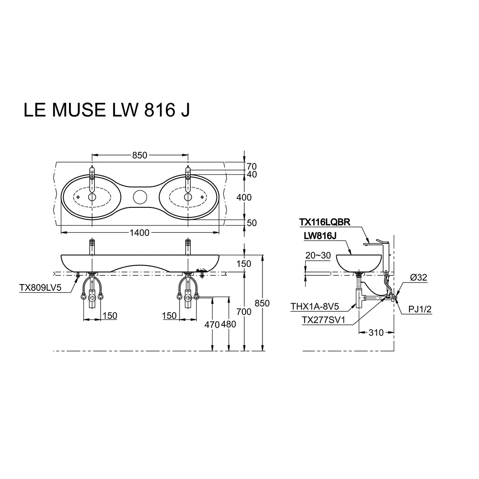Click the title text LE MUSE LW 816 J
pyautogui.click(x=107, y=110)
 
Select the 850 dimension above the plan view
pyautogui.click(x=139, y=155)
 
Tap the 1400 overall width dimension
pyautogui.click(x=139, y=233)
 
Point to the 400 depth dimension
pyautogui.click(x=244, y=197)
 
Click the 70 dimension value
pyautogui.click(x=252, y=167)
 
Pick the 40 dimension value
pyautogui.click(x=252, y=174)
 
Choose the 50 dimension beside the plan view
pyautogui.click(x=252, y=223)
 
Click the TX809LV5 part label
pyautogui.click(x=40, y=287)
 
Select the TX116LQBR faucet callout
pyautogui.click(x=324, y=222)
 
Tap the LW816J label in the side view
pyautogui.click(x=320, y=236)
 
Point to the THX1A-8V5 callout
pyautogui.click(x=315, y=307)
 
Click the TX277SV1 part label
pyautogui.click(x=323, y=320)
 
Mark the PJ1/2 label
pyautogui.click(x=420, y=309)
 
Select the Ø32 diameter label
pyautogui.click(x=419, y=277)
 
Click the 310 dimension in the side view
pyautogui.click(x=376, y=332)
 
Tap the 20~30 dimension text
pyautogui.click(x=318, y=255)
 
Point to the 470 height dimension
pyautogui.click(x=212, y=324)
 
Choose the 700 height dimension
pyautogui.click(x=244, y=312)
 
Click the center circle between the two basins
pyautogui.click(x=140, y=197)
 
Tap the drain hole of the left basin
pyautogui.click(x=92, y=197)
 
